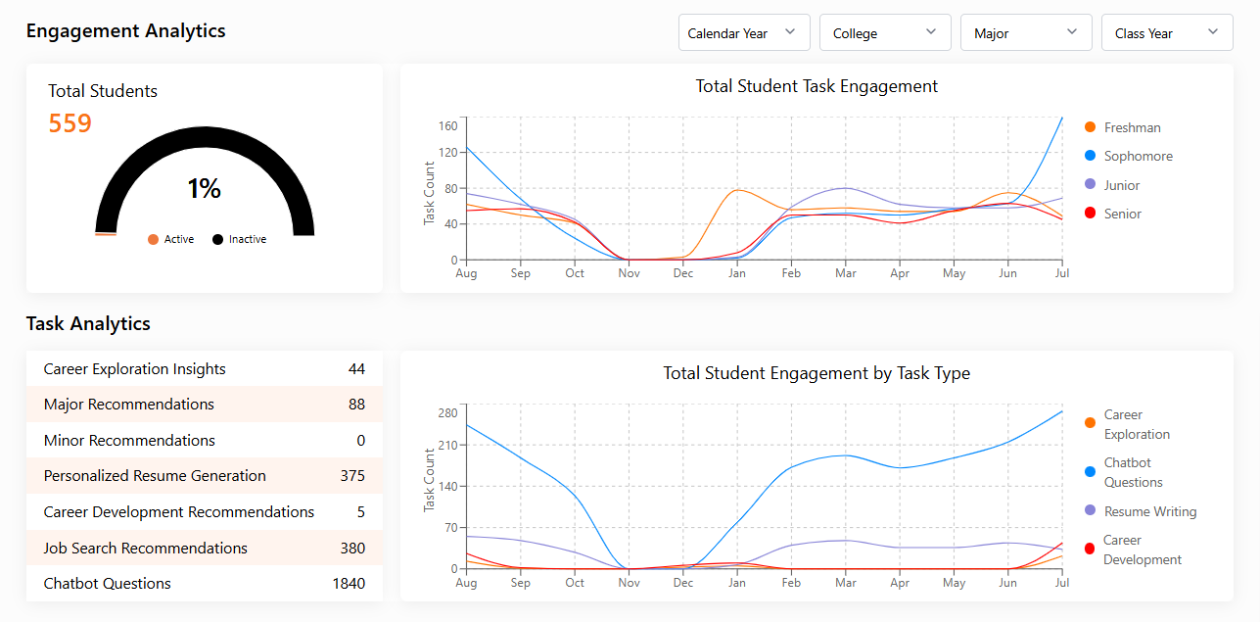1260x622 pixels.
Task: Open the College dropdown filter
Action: pos(885,32)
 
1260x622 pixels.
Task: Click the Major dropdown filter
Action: pos(1026,32)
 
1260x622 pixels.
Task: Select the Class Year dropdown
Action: pos(1167,32)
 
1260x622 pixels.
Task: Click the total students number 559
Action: pos(70,123)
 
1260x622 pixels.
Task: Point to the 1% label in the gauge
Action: pos(204,188)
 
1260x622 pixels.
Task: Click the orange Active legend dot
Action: pos(153,239)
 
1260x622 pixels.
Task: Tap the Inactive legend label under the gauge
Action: pos(247,239)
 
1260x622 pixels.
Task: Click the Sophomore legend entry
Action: pos(1138,156)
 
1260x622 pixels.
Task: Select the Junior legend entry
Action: pos(1121,185)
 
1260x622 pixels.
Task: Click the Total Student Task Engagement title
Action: pos(817,86)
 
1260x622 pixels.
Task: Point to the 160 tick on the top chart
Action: pos(447,125)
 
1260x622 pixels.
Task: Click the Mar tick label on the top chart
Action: pos(845,273)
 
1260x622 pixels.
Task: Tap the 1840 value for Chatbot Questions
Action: pos(349,584)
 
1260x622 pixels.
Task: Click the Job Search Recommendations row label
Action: pos(146,549)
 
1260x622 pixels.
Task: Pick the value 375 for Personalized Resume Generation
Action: pos(352,476)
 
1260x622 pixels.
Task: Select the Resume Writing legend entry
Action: pos(1149,511)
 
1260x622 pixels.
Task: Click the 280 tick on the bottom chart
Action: pos(447,412)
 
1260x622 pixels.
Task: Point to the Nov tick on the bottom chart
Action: pos(629,583)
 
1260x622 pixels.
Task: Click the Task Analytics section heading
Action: pos(88,323)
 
